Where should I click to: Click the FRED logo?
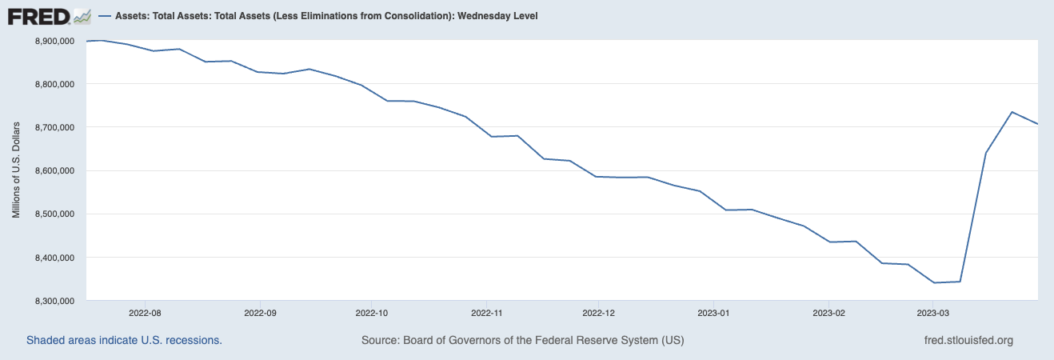point(49,16)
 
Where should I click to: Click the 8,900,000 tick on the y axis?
point(55,41)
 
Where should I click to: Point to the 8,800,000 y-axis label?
point(55,84)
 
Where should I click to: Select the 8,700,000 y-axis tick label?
point(55,127)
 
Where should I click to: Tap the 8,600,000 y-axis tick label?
point(55,170)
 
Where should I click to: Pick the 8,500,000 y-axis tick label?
point(55,214)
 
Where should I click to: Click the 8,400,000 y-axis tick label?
point(55,258)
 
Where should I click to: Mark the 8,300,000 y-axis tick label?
point(55,301)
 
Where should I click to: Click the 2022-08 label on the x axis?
point(145,314)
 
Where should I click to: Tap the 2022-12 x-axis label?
point(599,314)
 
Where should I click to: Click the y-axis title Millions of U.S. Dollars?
point(16,170)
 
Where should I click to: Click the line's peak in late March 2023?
point(1012,112)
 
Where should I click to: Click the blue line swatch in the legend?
point(106,16)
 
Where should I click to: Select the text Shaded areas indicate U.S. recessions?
point(124,340)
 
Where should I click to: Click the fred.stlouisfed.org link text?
point(968,340)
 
